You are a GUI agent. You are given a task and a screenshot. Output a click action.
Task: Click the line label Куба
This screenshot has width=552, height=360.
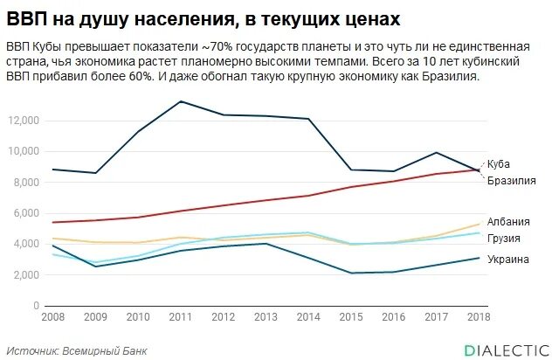[500, 163]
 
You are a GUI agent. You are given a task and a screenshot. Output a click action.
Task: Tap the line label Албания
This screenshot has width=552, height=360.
[507, 222]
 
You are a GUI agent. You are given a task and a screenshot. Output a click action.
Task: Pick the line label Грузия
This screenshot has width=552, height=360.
[504, 238]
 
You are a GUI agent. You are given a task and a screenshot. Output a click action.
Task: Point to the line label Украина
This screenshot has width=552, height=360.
[507, 260]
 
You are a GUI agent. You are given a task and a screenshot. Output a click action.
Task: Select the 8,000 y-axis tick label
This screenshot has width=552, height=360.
[26, 182]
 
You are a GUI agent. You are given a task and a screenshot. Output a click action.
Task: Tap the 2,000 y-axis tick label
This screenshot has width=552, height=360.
[26, 274]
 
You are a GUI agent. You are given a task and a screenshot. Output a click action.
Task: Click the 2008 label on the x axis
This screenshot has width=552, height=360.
[53, 315]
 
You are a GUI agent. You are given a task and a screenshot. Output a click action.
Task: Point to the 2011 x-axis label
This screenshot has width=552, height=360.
[181, 315]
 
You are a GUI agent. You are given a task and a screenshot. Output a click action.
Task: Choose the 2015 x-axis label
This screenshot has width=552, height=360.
[351, 315]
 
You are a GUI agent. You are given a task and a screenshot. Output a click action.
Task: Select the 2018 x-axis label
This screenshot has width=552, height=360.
[479, 315]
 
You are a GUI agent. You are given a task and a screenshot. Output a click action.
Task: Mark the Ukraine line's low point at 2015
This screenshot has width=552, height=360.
[351, 273]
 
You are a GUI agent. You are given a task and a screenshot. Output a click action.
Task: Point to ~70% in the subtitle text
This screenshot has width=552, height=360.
[212, 45]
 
